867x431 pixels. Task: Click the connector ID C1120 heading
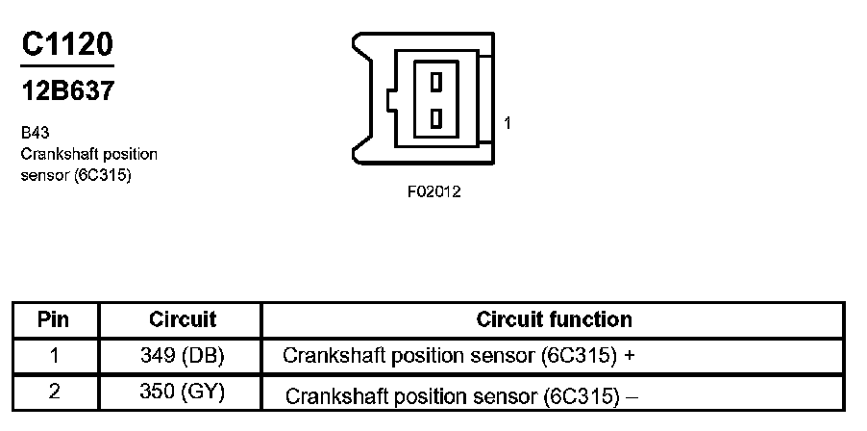point(67,43)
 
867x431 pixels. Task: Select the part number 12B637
point(67,90)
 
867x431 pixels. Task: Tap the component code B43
point(35,133)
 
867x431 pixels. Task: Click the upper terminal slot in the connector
point(436,82)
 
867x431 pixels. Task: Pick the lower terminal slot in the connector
point(436,118)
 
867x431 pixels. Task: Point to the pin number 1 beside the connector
point(508,123)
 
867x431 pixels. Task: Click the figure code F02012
point(434,192)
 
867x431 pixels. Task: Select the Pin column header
point(54,319)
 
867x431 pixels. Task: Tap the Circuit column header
point(182,319)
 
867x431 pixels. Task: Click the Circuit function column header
point(554,319)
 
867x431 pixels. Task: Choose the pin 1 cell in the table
point(54,355)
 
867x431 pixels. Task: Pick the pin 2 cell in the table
point(54,392)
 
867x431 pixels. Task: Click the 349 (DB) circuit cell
point(182,356)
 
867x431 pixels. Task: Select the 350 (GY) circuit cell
point(183,393)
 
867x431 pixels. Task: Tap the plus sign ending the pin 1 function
point(630,356)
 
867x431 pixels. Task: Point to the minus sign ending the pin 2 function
point(633,397)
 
